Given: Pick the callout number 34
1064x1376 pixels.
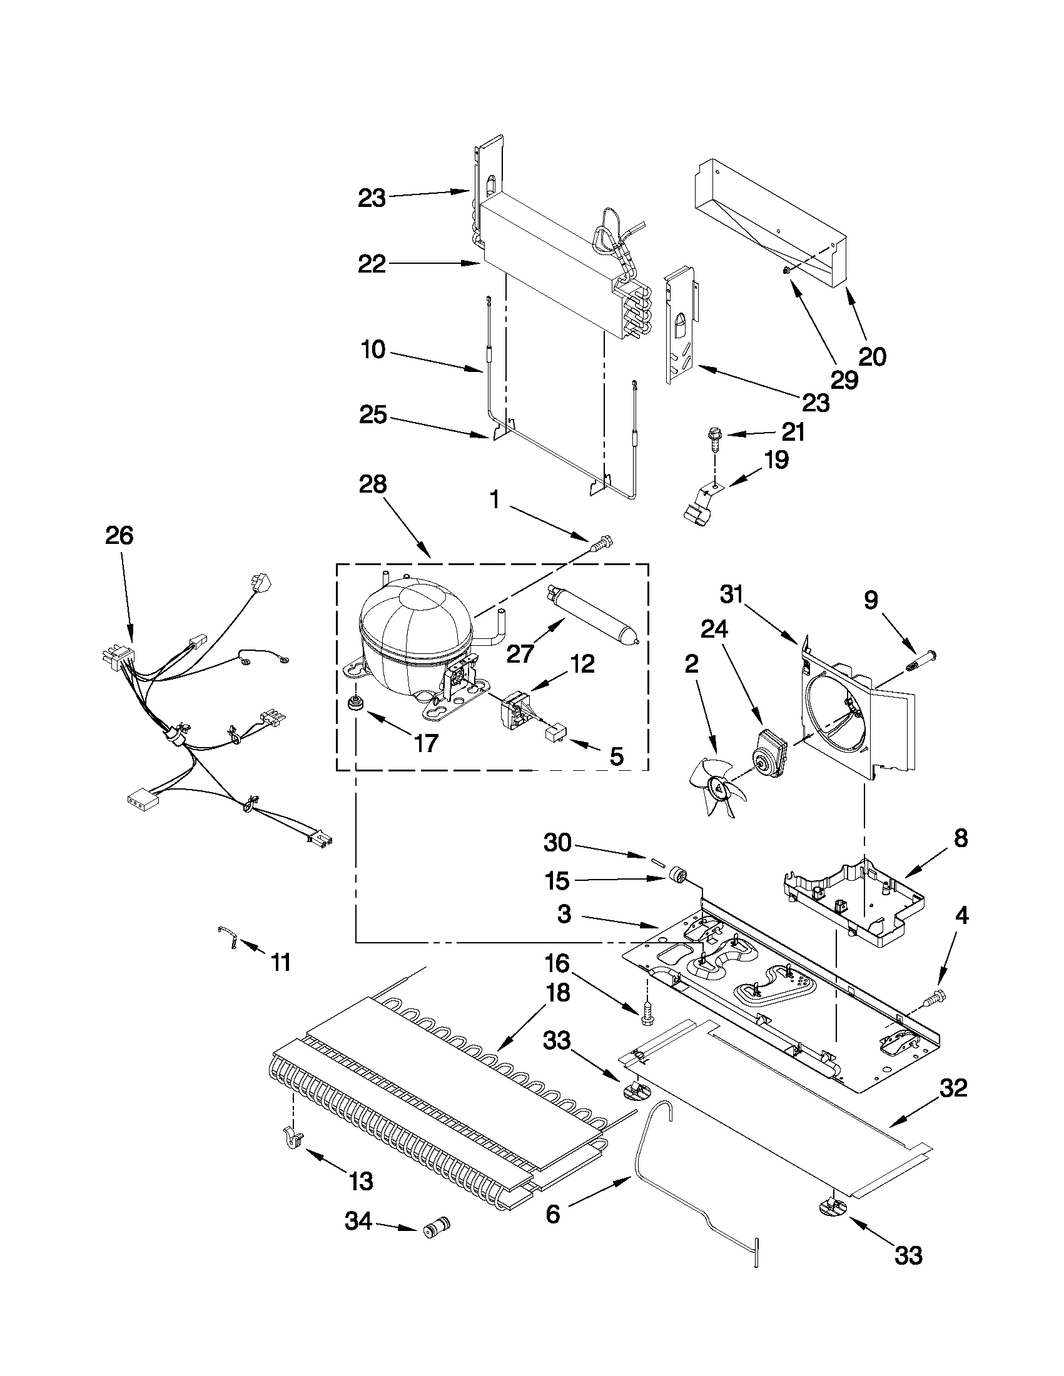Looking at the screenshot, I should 358,1223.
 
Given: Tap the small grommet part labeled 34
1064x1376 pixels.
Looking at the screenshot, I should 437,1228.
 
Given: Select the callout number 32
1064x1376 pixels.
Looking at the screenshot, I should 953,1087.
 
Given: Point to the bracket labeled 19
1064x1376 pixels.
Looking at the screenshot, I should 701,502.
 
